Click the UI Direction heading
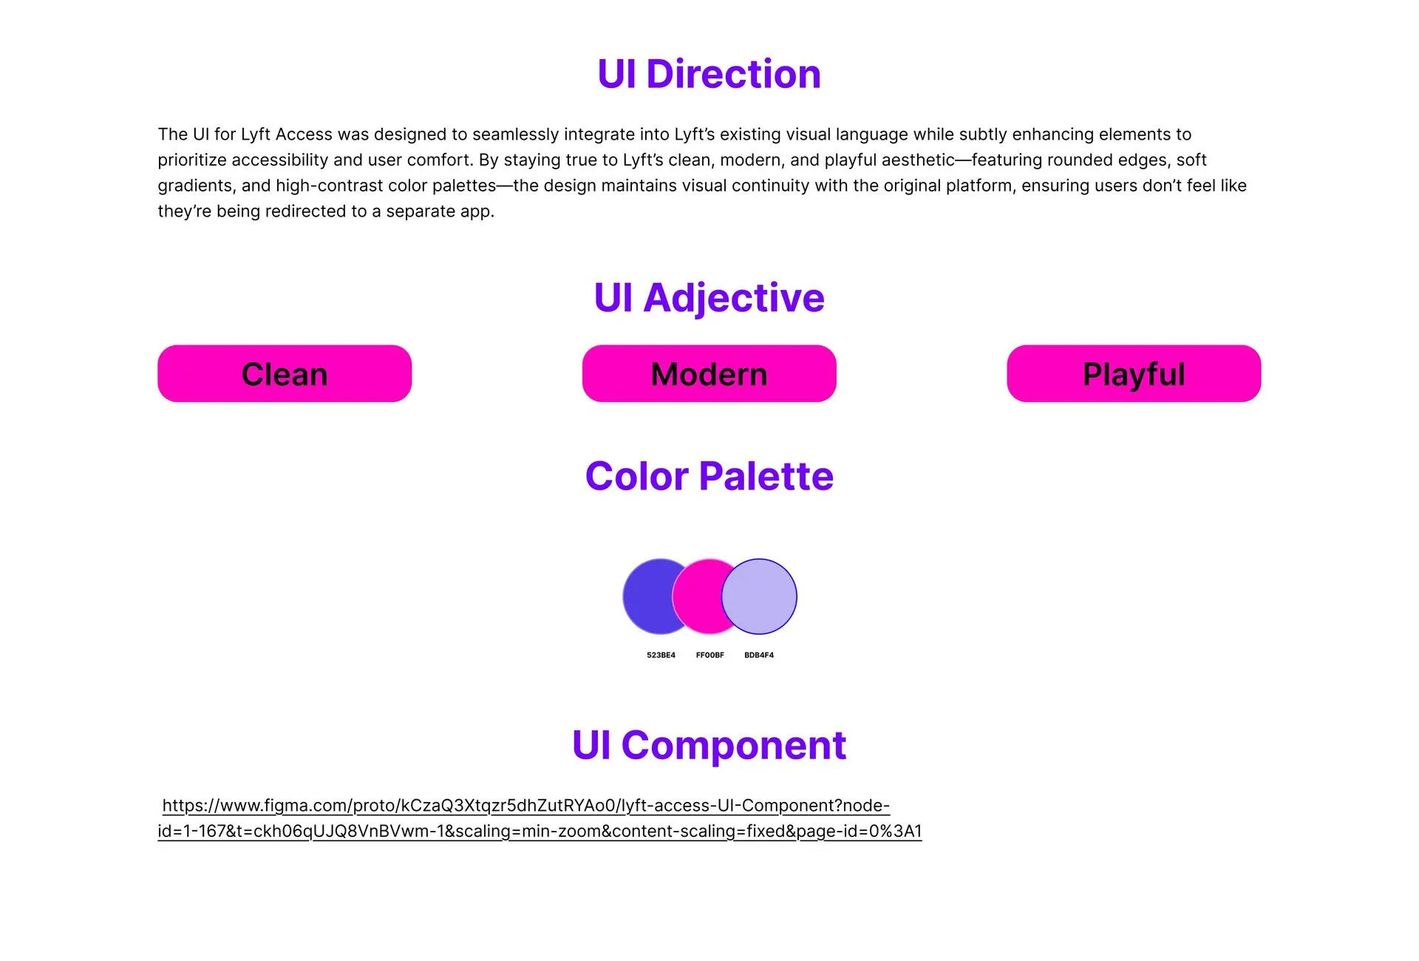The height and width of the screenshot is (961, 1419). (709, 74)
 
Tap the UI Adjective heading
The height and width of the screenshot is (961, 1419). (709, 298)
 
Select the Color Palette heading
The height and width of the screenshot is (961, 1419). (709, 476)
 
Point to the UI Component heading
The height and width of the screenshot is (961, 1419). (709, 745)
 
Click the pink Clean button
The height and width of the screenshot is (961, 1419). (285, 373)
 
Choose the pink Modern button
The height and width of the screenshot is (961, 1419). (709, 373)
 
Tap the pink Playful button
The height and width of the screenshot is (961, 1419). (1134, 373)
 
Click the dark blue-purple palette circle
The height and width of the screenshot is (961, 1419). (647, 597)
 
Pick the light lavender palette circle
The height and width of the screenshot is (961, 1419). (759, 597)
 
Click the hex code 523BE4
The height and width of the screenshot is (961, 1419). (661, 655)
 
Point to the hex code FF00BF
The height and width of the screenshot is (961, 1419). (709, 655)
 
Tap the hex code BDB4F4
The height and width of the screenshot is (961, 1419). (759, 655)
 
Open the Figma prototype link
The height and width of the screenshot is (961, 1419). (540, 818)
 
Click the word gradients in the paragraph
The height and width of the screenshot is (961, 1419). (196, 186)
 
